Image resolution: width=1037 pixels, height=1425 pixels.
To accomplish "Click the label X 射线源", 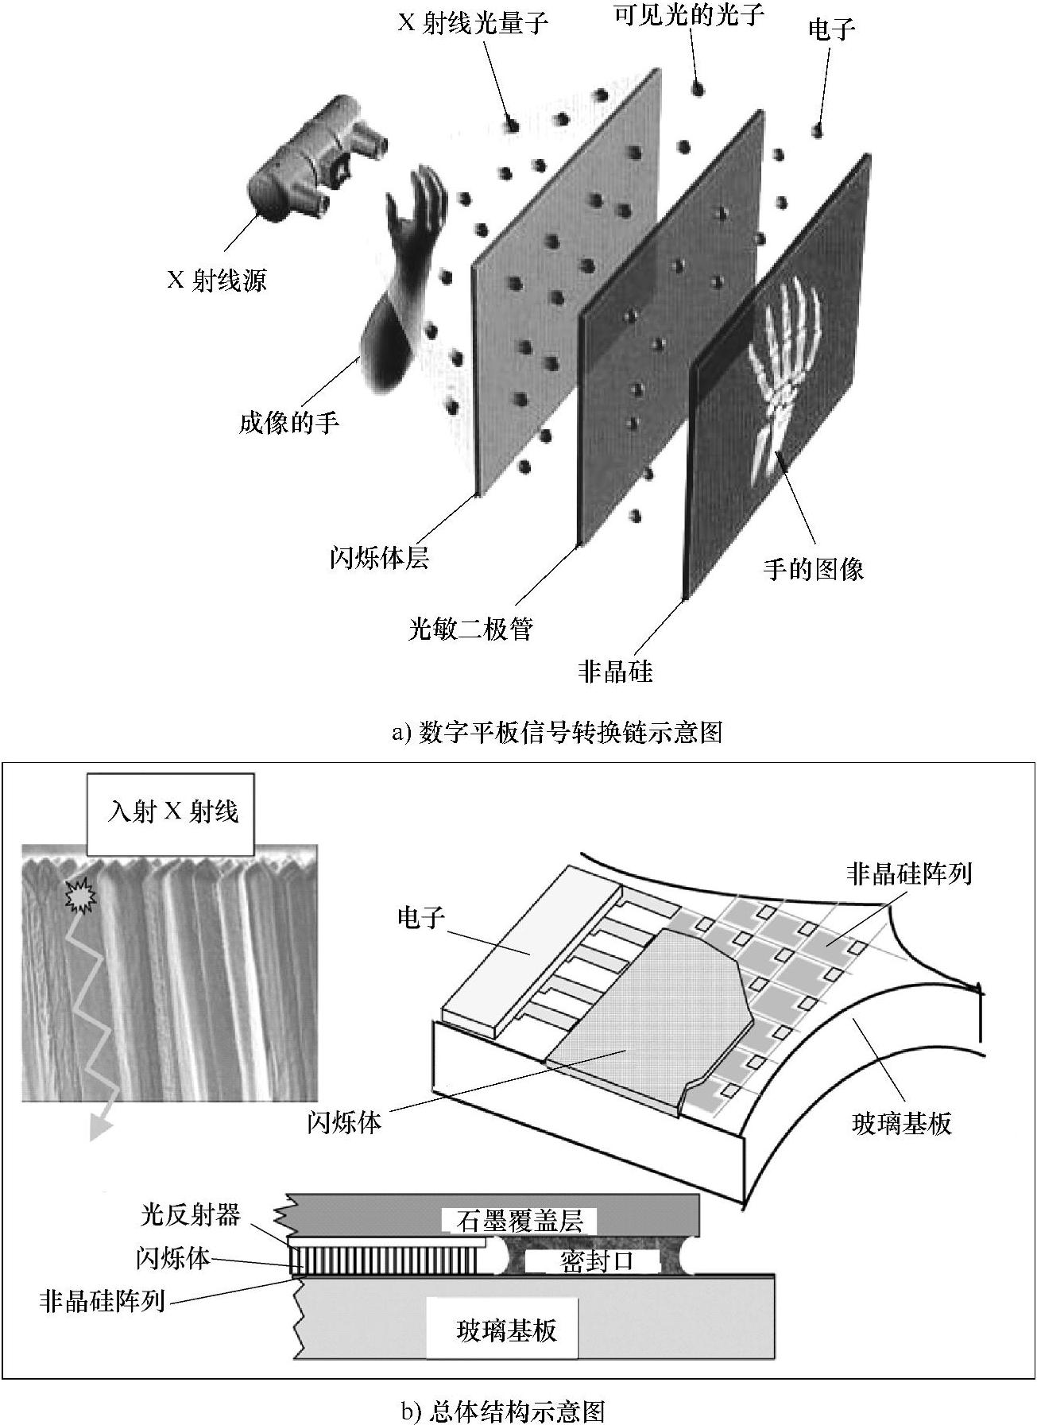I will (x=216, y=280).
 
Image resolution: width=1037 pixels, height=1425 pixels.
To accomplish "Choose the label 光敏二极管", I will (x=470, y=629).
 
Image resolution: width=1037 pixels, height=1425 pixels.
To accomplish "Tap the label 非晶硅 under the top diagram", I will (x=615, y=672).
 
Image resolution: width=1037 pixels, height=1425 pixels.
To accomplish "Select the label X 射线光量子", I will (x=473, y=22).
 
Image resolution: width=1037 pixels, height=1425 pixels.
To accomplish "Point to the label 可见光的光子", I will (x=689, y=14).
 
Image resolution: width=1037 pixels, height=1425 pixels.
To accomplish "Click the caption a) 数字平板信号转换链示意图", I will (x=557, y=731).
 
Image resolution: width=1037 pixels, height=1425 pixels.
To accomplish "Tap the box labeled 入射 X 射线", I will (x=172, y=811).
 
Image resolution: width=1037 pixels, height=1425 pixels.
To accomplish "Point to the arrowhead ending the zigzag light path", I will (x=99, y=1128).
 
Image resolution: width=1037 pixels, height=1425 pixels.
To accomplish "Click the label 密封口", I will (x=597, y=1261).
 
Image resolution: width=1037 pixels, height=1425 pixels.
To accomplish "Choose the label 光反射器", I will (x=191, y=1214).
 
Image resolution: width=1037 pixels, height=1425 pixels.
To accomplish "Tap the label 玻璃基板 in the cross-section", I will (x=506, y=1330).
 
